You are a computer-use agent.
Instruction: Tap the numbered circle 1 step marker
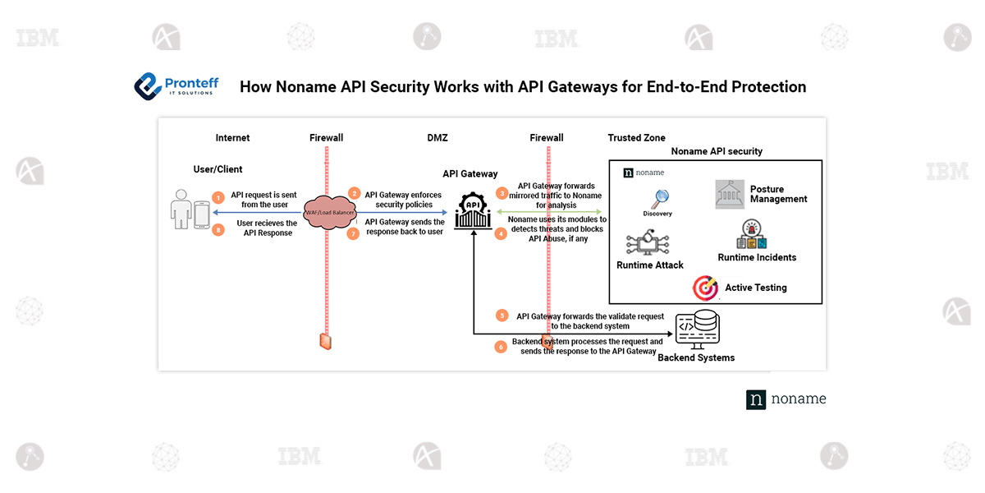coord(218,198)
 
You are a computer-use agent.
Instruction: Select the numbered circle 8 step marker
coord(218,230)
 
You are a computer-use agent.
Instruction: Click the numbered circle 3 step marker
coord(502,194)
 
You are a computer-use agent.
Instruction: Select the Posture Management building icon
coord(730,194)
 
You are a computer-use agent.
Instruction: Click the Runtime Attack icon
coord(646,243)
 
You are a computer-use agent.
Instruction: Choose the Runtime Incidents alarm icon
coord(752,235)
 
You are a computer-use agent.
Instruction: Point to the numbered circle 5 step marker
coord(502,316)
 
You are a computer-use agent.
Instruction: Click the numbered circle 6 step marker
coord(501,346)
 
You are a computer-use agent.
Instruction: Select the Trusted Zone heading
coord(636,138)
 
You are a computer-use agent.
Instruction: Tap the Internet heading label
coord(232,138)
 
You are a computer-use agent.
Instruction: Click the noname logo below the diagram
coord(786,399)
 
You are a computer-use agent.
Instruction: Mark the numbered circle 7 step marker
coord(355,233)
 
